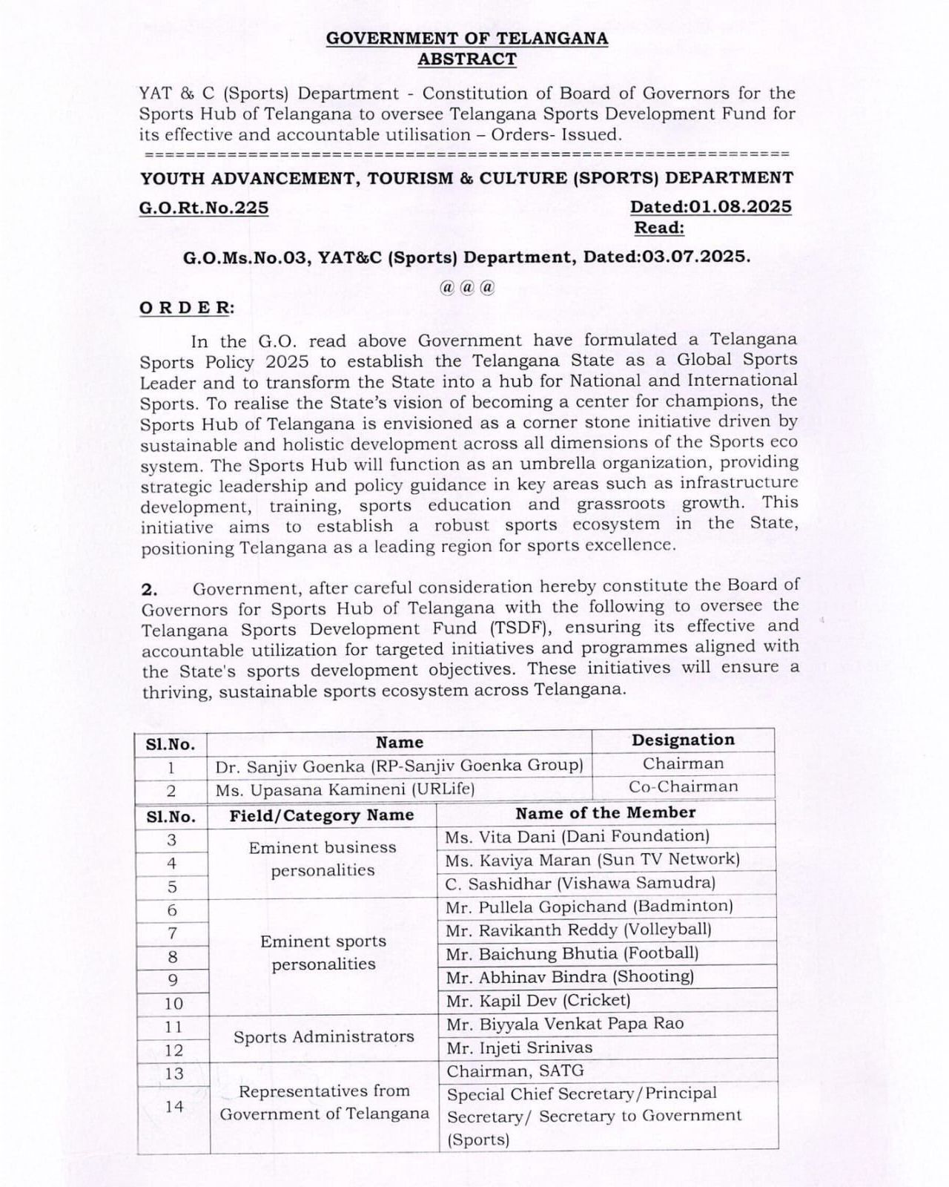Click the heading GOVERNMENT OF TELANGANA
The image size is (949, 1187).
[467, 39]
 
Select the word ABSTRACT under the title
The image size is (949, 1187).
[467, 59]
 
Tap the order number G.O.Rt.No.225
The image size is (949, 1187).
[204, 208]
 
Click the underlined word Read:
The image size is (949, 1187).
[659, 228]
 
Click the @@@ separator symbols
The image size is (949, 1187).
[467, 288]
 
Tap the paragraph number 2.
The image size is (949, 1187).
[150, 590]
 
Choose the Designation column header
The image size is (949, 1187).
[683, 740]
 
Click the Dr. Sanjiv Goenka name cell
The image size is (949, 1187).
[399, 766]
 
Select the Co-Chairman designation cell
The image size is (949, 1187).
[683, 787]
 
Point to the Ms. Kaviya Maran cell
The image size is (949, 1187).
[592, 860]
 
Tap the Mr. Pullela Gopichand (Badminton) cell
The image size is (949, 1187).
[589, 907]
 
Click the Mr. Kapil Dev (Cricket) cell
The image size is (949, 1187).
[538, 1001]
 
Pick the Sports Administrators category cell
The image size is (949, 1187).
[323, 1037]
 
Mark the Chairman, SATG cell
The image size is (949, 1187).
[515, 1071]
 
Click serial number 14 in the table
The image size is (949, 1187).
[174, 1107]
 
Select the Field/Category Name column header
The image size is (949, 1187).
[321, 816]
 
